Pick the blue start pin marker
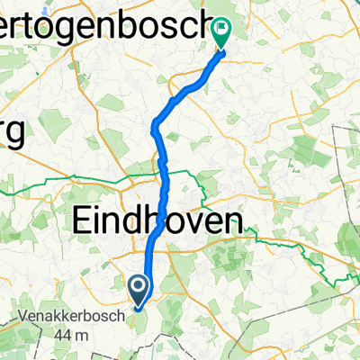pyautogui.click(x=139, y=291)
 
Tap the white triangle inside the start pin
pyautogui.click(x=139, y=288)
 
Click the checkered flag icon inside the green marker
pyautogui.click(x=221, y=30)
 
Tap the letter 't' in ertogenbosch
pyautogui.click(x=31, y=28)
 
